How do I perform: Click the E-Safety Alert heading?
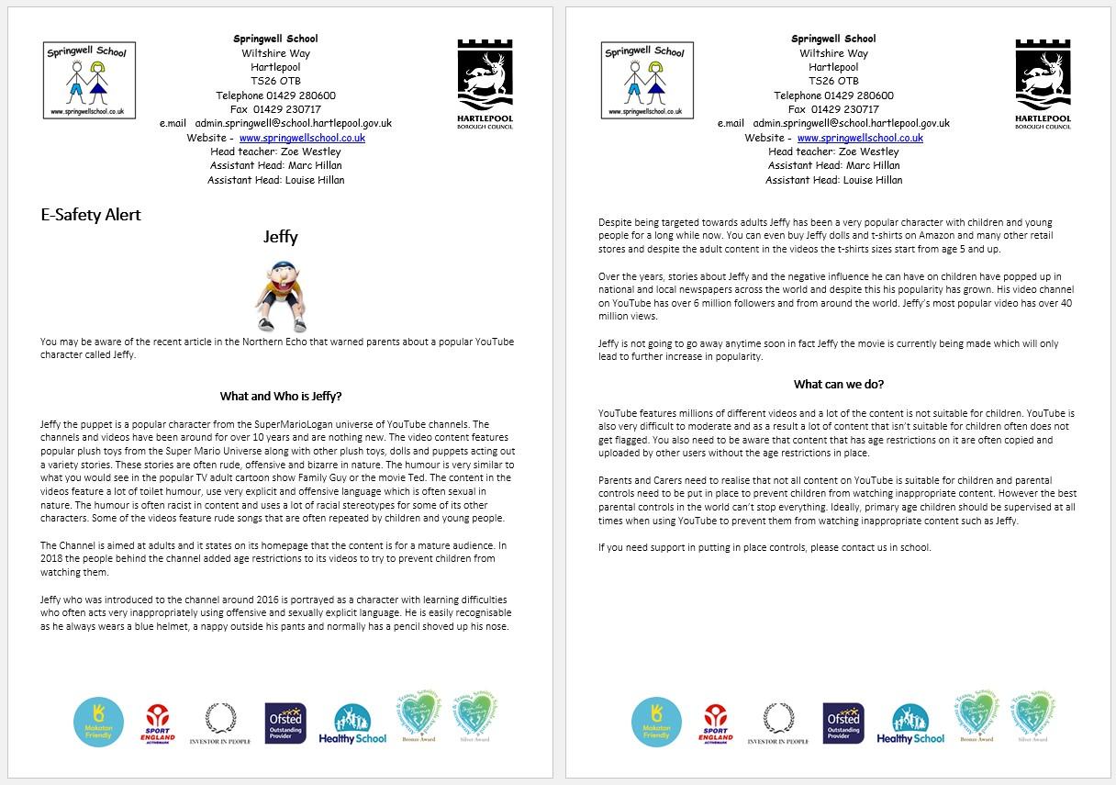coord(91,215)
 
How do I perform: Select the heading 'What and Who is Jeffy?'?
coord(281,397)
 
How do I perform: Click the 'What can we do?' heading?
coord(839,384)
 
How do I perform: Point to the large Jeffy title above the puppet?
coord(281,237)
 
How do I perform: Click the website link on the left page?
coord(302,138)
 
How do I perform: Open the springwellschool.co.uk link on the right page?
coord(860,138)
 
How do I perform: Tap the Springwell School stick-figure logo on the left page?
coord(89,80)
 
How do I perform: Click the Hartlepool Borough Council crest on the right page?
coord(1043,83)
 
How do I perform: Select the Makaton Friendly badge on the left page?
coord(98,722)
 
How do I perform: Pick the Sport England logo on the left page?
coord(158,723)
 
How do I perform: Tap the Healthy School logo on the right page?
coord(910,724)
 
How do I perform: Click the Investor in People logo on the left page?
coord(219,723)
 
